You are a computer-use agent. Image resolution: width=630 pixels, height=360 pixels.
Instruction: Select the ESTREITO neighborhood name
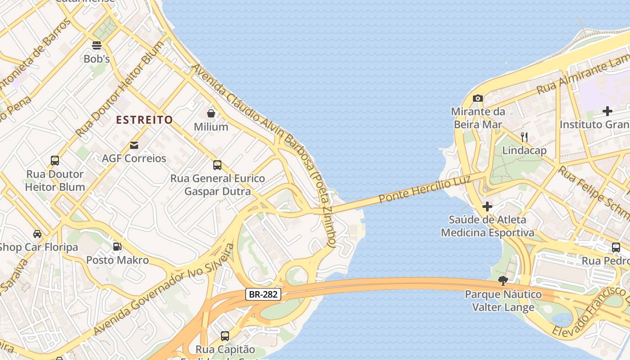pyautogui.click(x=144, y=120)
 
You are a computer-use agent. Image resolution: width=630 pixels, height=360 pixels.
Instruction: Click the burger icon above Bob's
pyautogui.click(x=97, y=45)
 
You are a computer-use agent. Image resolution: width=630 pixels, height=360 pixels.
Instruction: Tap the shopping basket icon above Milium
pyautogui.click(x=211, y=113)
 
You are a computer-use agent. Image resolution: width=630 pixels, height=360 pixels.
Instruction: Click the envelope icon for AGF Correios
pyautogui.click(x=134, y=145)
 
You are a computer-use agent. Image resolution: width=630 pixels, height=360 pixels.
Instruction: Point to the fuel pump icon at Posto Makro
pyautogui.click(x=117, y=246)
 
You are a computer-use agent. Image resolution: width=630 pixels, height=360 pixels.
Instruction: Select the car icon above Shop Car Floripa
pyautogui.click(x=37, y=234)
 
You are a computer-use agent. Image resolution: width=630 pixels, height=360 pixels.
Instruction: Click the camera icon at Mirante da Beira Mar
pyautogui.click(x=477, y=98)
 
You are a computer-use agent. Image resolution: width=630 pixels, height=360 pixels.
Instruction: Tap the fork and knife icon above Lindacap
pyautogui.click(x=524, y=137)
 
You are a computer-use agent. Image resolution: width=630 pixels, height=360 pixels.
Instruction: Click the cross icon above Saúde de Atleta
pyautogui.click(x=487, y=207)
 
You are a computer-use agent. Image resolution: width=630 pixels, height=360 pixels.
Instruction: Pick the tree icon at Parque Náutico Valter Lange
pyautogui.click(x=503, y=281)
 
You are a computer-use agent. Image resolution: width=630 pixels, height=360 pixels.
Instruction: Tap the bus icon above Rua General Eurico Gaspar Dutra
pyautogui.click(x=217, y=165)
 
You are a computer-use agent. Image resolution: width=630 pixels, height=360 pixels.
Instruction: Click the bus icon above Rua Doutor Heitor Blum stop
pyautogui.click(x=55, y=161)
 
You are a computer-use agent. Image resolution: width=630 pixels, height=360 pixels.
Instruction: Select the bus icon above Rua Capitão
pyautogui.click(x=225, y=336)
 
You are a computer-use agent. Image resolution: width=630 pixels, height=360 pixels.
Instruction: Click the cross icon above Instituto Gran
pyautogui.click(x=607, y=111)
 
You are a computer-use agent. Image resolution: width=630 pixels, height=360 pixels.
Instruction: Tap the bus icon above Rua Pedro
pyautogui.click(x=616, y=247)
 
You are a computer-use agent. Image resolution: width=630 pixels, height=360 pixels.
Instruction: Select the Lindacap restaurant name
pyautogui.click(x=524, y=150)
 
